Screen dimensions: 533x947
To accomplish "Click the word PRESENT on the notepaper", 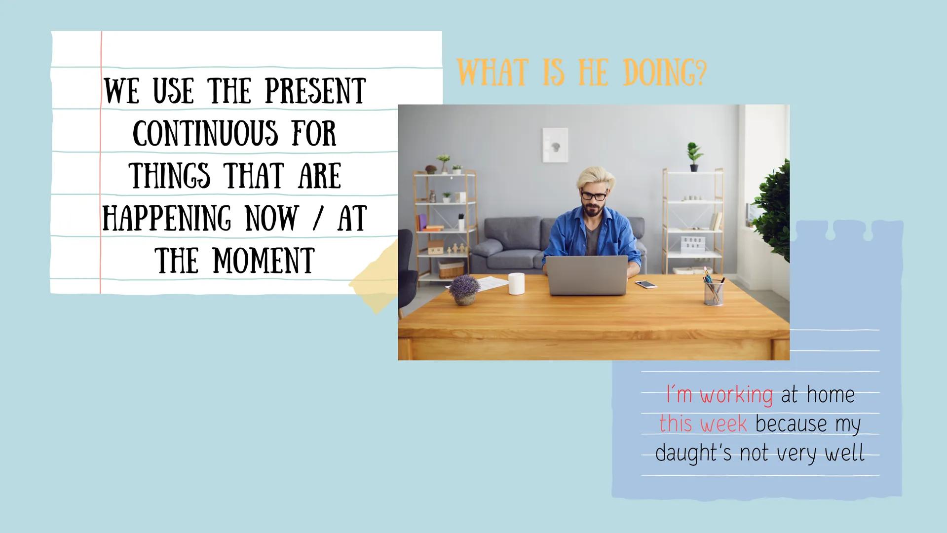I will tap(315, 91).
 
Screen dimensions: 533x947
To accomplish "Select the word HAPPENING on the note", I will tap(166, 219).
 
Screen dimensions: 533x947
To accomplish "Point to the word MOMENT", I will tap(264, 261).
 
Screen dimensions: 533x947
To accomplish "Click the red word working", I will tap(736, 395).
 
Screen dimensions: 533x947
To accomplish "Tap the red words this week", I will tap(703, 423).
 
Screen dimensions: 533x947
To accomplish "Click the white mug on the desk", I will tap(516, 283).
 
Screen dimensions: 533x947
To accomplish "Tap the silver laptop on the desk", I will tap(586, 275).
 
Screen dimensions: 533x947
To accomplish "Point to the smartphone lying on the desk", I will tap(646, 284).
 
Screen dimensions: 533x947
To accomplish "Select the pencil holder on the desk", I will tap(714, 291).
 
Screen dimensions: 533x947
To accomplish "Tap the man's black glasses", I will tap(594, 195).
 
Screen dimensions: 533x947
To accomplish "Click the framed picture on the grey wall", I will tap(555, 145).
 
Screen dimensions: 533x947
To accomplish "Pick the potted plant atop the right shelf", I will tap(694, 156).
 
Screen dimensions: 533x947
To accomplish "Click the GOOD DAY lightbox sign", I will tap(694, 242).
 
